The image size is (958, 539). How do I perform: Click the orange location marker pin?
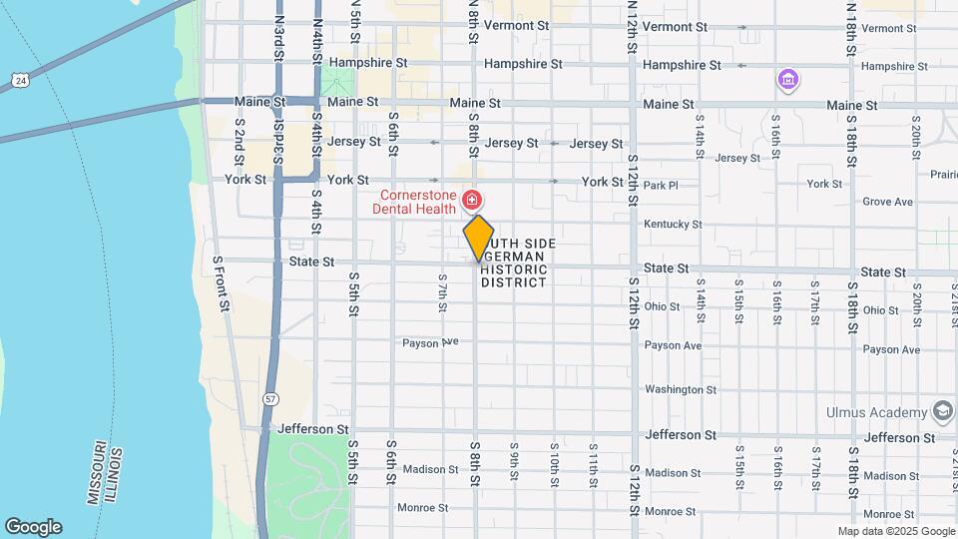point(479,238)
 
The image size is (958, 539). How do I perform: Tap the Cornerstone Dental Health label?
point(413,202)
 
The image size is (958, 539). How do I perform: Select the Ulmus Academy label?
point(877,412)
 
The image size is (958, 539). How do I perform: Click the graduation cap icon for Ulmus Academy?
point(942,412)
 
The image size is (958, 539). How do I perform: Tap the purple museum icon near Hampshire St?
point(787,79)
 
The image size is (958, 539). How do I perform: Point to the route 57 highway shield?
point(270,398)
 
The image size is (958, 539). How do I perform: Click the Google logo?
point(33,527)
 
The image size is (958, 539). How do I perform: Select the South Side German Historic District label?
point(516,264)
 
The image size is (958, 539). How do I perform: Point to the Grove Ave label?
point(887,202)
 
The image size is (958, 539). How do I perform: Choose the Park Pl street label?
point(661,185)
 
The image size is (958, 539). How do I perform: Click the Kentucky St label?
point(673,225)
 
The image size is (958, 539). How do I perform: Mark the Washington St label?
point(681,389)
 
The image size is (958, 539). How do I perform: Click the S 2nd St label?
point(239,134)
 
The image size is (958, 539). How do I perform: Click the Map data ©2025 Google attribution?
point(895,531)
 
